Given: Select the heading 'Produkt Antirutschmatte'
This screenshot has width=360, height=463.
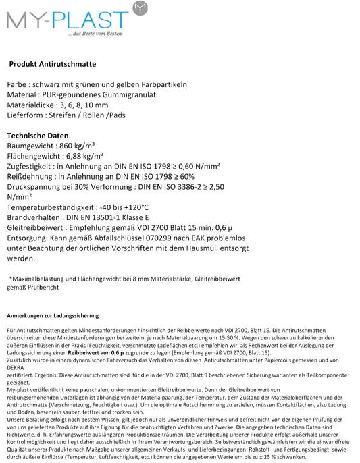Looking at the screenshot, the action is (x=53, y=64).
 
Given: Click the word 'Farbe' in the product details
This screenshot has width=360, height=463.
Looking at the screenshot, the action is (x=18, y=84).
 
